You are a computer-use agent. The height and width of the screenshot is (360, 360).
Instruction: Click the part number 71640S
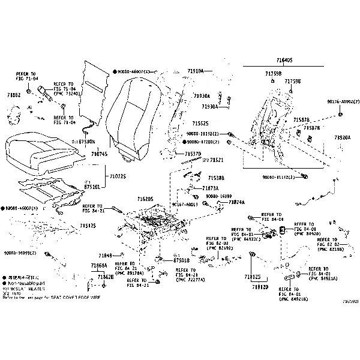[284, 61]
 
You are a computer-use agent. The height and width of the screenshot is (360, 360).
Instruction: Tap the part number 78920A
[343, 137]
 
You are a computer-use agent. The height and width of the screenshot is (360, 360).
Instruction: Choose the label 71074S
[99, 154]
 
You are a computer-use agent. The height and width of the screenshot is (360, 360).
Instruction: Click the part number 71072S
[117, 176]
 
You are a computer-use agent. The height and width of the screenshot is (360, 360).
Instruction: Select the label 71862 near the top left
[14, 95]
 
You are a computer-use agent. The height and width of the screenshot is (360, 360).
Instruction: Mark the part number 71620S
[145, 199]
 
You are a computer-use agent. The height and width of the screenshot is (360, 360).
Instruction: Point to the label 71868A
[99, 265]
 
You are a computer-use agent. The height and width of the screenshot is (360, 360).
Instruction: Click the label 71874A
[236, 202]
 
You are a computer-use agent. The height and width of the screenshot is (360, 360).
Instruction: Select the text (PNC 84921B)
[293, 298]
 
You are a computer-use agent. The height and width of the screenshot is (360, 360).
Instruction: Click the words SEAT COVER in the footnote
[63, 297]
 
